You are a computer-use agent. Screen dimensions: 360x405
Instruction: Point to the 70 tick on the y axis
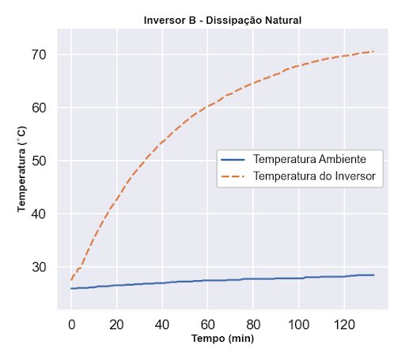tap(40, 55)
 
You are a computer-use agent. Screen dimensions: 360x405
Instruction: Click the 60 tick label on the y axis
tap(40, 108)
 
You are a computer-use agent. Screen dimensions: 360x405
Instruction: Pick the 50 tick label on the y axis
tap(40, 161)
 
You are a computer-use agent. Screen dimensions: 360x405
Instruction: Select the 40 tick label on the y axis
tap(40, 214)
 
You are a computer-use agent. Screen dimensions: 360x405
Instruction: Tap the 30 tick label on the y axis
tap(40, 267)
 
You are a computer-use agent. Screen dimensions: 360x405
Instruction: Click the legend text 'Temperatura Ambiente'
tap(308, 159)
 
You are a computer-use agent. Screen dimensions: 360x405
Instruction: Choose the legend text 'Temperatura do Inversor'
tap(314, 176)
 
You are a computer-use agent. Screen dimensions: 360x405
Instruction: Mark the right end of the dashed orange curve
tap(373, 51)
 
